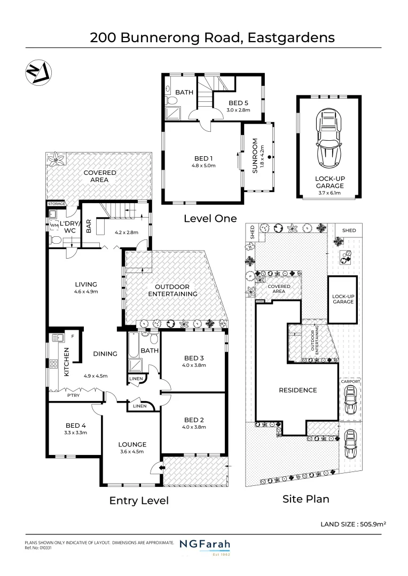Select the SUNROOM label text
(255, 156)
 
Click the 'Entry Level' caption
(139, 500)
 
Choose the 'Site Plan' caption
(305, 499)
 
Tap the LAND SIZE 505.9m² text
(353, 524)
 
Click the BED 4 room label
(76, 425)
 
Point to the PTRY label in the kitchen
(74, 396)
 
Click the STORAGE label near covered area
(56, 204)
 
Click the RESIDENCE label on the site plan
(297, 390)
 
